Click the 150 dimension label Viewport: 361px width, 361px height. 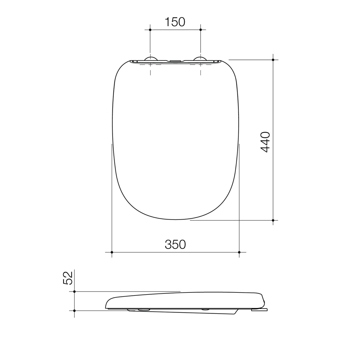[x=175, y=22]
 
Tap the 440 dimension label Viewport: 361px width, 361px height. [x=265, y=142]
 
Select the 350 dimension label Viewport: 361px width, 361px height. [x=175, y=244]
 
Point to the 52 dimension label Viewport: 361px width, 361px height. [x=68, y=278]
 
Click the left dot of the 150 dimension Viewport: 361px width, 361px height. [x=150, y=30]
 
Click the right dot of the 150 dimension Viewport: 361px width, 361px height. [x=201, y=30]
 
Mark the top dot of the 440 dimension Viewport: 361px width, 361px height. [x=273, y=60]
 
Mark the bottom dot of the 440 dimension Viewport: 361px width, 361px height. [x=273, y=220]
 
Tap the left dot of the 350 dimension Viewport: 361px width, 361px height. [x=112, y=252]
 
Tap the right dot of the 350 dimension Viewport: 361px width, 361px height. [x=239, y=252]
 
